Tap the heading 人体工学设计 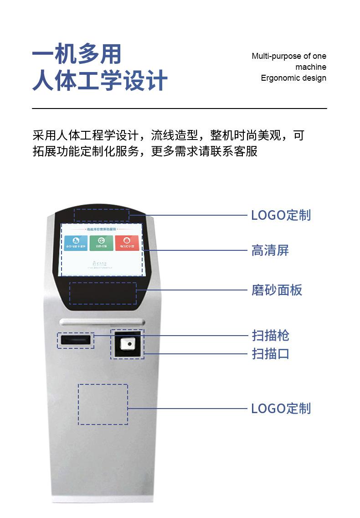[x=100, y=81]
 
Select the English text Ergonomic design [x=293, y=78]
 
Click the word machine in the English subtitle [x=311, y=67]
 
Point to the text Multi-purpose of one [x=289, y=56]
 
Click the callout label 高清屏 [x=270, y=250]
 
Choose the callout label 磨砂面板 [x=277, y=290]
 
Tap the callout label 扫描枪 [x=270, y=336]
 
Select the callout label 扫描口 [x=270, y=353]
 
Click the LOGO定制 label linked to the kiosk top [x=281, y=215]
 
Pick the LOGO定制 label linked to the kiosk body [x=281, y=408]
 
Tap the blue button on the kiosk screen [x=76, y=243]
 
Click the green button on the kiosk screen [x=101, y=243]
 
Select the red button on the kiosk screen [x=126, y=243]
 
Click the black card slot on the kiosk [x=76, y=341]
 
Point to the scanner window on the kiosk [x=128, y=344]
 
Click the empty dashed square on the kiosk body [x=103, y=404]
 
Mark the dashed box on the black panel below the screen [x=103, y=293]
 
